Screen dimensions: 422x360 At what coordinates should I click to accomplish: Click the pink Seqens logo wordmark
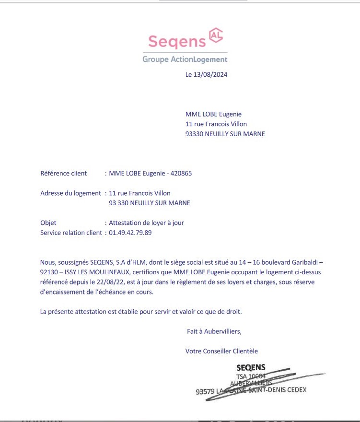[177, 41]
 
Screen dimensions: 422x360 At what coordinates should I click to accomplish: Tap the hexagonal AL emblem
[216, 35]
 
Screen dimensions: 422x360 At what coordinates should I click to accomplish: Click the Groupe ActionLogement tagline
[185, 59]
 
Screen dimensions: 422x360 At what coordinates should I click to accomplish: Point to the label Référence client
[64, 173]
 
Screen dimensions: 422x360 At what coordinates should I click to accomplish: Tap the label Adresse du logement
[71, 193]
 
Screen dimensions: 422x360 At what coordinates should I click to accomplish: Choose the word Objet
[48, 223]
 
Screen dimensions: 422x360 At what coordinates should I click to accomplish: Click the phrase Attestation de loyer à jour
[147, 223]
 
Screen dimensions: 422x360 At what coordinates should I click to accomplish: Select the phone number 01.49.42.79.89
[130, 233]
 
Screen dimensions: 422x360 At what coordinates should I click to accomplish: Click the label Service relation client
[71, 233]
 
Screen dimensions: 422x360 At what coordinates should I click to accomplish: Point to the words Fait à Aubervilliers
[214, 331]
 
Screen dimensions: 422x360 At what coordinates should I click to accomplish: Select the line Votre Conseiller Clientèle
[221, 351]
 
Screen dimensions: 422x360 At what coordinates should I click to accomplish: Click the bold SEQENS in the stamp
[251, 368]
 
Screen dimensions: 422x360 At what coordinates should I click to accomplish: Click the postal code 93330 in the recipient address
[194, 134]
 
